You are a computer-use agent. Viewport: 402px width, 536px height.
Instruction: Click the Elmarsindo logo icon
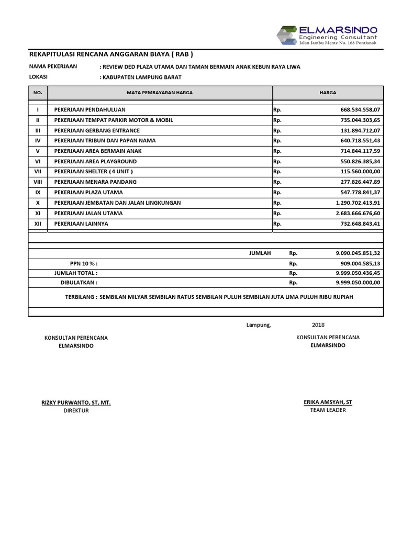pyautogui.click(x=287, y=36)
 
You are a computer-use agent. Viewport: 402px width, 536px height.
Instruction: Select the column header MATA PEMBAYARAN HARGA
pyautogui.click(x=160, y=93)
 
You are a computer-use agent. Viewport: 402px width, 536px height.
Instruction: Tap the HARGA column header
pyautogui.click(x=328, y=93)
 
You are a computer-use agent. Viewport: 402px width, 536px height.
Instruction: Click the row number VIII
pyautogui.click(x=38, y=182)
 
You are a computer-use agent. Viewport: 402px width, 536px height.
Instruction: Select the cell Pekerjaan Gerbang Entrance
pyautogui.click(x=97, y=130)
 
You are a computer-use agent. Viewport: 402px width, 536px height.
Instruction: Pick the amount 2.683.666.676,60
pyautogui.click(x=358, y=213)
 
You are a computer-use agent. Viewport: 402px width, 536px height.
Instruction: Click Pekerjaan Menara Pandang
pyautogui.click(x=95, y=182)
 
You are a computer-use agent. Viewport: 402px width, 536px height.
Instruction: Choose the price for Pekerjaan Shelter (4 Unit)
pyautogui.click(x=360, y=171)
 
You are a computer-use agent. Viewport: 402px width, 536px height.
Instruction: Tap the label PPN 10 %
pyautogui.click(x=84, y=263)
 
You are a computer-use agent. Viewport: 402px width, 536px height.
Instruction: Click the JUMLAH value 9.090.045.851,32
pyautogui.click(x=358, y=253)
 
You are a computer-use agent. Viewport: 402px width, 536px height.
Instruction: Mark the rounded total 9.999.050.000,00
pyautogui.click(x=358, y=282)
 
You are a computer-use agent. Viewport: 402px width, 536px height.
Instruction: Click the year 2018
pyautogui.click(x=318, y=325)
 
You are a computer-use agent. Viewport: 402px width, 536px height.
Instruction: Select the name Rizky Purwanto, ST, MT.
pyautogui.click(x=76, y=403)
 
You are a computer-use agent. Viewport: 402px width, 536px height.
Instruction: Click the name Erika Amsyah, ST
pyautogui.click(x=328, y=402)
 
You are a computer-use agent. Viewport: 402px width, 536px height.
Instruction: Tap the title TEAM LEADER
pyautogui.click(x=328, y=410)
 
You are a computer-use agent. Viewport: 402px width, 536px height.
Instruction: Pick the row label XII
pyautogui.click(x=38, y=224)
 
